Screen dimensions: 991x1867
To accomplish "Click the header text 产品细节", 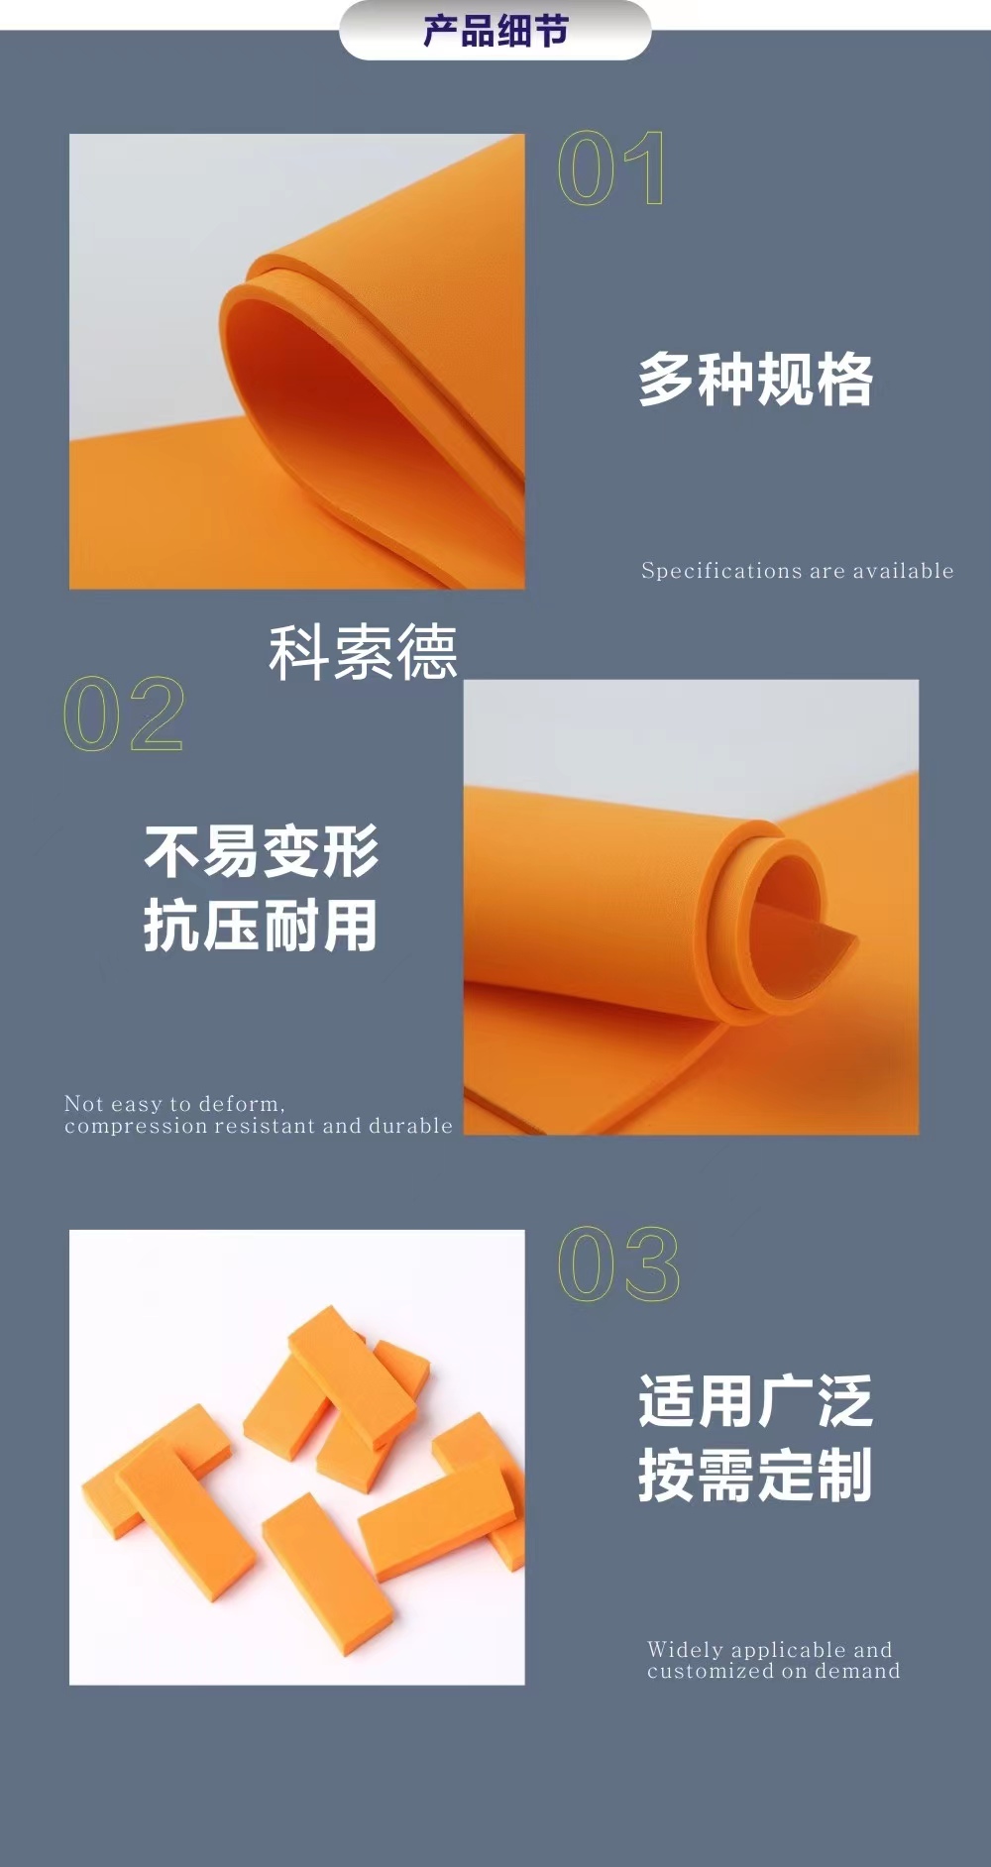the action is coord(495,31).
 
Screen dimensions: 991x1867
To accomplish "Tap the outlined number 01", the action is coord(610,168).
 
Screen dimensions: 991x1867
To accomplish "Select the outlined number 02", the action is coord(124,714).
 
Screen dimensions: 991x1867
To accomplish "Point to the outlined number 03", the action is coord(618,1263).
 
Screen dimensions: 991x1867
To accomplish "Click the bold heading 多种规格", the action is coord(755,380).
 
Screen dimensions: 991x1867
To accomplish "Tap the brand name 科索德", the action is coord(363,652).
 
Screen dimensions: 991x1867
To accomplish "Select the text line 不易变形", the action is coord(261,851).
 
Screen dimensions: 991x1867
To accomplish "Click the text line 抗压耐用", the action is coord(261,926).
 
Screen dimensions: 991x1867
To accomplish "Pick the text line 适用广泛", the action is coord(755,1401).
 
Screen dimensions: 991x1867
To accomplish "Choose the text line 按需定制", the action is coord(755,1476).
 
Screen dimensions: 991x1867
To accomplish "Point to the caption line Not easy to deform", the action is coord(174,1104).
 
